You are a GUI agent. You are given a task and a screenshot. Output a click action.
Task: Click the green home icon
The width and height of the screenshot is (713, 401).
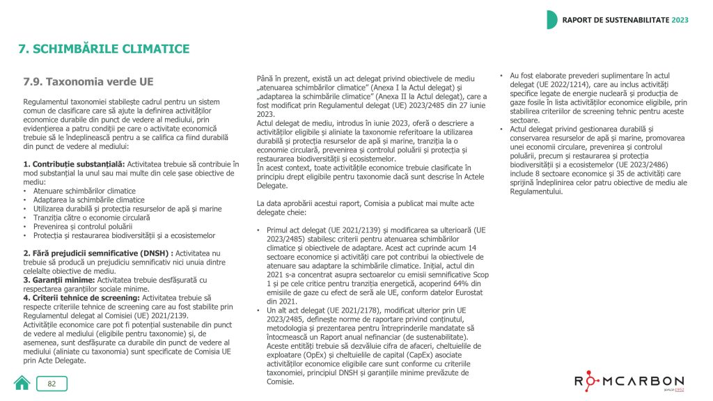(x=22, y=383)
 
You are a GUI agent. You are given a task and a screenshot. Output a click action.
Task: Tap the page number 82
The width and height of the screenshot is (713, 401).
(x=52, y=384)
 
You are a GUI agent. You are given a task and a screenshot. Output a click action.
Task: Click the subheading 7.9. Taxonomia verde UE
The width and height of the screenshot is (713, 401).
(x=88, y=81)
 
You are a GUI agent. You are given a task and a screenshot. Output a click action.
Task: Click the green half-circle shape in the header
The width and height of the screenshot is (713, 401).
(x=551, y=19)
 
